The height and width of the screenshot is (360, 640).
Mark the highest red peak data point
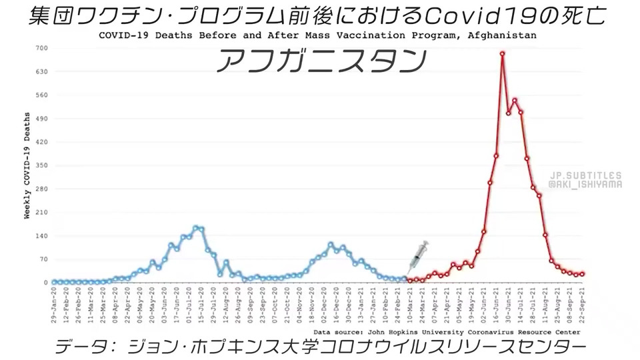[502, 53]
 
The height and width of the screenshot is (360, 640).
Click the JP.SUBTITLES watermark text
[586, 174]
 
